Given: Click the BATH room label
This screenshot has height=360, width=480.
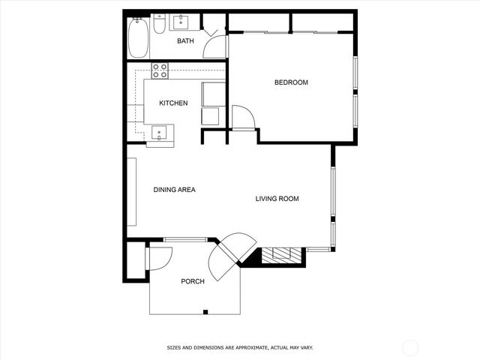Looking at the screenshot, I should point(185,41).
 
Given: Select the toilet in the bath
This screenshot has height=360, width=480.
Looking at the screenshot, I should point(159,28).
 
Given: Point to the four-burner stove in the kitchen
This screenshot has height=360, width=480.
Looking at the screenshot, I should point(160,71).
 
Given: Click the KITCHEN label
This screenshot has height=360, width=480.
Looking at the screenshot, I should point(173,103).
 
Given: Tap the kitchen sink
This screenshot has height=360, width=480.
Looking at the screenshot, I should point(159,133).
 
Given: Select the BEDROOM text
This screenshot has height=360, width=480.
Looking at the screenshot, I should point(291,82).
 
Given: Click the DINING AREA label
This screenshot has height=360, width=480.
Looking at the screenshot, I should point(174,190).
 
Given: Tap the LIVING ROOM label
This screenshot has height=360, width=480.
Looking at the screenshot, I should point(277,199).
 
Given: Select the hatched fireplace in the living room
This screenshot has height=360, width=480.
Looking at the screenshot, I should point(282,256).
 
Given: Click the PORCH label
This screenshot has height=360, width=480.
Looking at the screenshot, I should point(193,281).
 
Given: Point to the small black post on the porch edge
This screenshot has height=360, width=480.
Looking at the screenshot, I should point(205,311).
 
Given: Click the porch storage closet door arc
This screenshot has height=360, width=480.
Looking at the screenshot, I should point(159,258).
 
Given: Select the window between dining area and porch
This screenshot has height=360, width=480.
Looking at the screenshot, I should point(185,240).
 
